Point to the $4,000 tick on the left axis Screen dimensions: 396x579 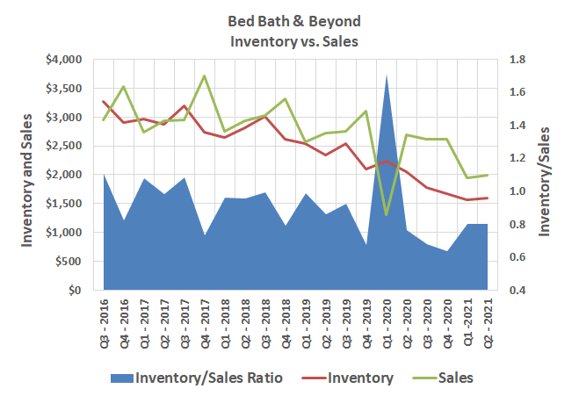[x=62, y=60]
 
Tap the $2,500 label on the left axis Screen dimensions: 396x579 [x=62, y=146]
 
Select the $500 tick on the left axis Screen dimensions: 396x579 [x=67, y=262]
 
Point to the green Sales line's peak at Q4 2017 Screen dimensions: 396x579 [x=205, y=76]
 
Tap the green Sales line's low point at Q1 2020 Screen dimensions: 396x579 [x=387, y=214]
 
